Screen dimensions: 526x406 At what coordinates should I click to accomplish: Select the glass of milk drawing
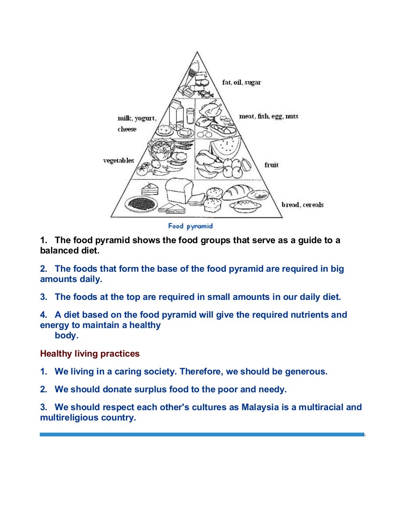point(190,117)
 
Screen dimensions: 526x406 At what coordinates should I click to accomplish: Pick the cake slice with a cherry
point(149,188)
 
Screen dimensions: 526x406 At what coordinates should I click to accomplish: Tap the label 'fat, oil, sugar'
point(241,83)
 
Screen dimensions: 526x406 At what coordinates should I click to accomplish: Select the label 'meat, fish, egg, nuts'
point(268,116)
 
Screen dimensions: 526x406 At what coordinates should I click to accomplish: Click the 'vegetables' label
point(119,161)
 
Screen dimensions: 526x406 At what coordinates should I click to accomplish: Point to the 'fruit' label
point(272,165)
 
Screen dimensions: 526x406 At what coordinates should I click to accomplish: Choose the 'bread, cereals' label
point(303,205)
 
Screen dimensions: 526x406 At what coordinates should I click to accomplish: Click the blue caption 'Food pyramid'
point(190,226)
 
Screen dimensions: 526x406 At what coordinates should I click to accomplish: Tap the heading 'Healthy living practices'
point(90,353)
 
